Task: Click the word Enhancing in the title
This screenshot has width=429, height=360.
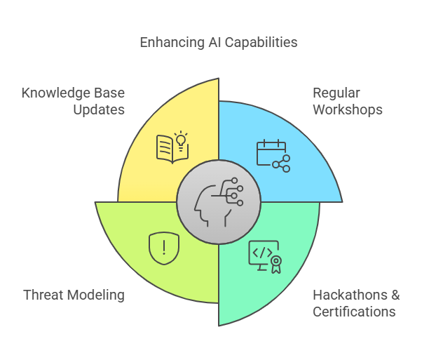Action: [172, 43]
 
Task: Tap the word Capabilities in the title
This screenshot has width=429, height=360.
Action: [261, 43]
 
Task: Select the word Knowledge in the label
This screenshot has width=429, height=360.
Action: [56, 93]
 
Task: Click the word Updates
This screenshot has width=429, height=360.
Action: [99, 110]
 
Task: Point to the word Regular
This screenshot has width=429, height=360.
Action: [336, 93]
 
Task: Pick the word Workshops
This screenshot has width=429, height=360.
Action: [348, 109]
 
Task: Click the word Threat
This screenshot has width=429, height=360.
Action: [43, 295]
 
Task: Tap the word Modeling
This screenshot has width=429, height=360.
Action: [96, 295]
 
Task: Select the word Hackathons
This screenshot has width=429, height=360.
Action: [350, 295]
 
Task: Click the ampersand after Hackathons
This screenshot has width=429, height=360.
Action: [395, 295]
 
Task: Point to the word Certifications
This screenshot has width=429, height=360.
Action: [354, 312]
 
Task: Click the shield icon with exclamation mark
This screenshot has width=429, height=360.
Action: [164, 248]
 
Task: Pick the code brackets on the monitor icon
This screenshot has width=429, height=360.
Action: [262, 253]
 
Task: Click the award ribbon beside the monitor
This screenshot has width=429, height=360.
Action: [276, 264]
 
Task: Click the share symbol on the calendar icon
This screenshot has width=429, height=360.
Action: [281, 164]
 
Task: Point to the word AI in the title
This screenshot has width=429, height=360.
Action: [214, 43]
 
